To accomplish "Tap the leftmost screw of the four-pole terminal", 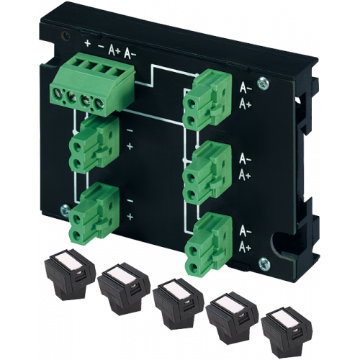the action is pos(57,92).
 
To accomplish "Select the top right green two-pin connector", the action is pos(207,100).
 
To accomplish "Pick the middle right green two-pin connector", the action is pos(207,172).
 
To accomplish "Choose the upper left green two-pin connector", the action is pos(94,145).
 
